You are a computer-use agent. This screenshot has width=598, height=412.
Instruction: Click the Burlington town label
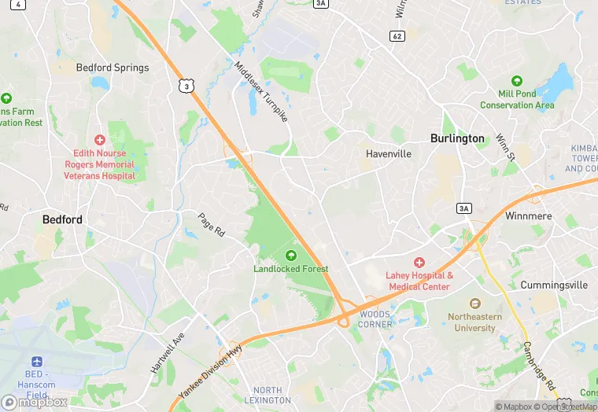(457, 138)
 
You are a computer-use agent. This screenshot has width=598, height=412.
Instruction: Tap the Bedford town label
(62, 220)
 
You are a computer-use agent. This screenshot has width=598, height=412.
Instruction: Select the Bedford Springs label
(112, 68)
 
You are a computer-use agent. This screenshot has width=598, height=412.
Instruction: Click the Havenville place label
(389, 154)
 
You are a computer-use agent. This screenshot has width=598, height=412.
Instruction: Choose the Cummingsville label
(554, 285)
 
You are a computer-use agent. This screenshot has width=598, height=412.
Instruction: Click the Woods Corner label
(375, 319)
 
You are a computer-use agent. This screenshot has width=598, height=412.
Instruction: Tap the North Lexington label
(268, 395)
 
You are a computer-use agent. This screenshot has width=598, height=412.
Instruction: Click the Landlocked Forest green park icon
(291, 256)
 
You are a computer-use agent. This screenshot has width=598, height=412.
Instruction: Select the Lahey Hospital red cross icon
(419, 263)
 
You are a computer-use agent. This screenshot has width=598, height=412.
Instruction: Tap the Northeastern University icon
(474, 303)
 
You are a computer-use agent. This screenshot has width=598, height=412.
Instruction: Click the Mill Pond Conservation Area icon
(517, 81)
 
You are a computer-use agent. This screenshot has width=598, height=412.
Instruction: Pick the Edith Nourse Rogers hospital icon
(99, 139)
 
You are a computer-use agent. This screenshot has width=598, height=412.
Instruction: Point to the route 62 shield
(397, 36)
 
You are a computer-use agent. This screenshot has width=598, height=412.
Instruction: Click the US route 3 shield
(186, 86)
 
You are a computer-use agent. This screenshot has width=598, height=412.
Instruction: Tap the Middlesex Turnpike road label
(262, 90)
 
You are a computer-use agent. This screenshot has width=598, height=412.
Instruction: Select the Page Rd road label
(212, 225)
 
